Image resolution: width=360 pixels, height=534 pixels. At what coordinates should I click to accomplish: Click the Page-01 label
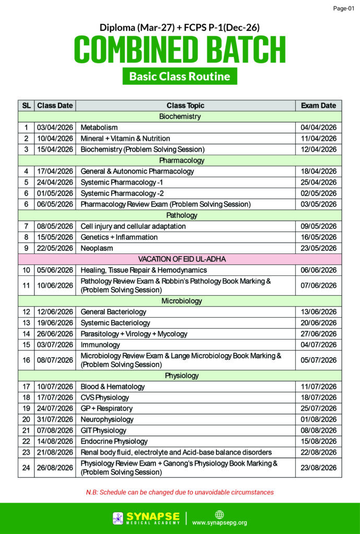[343, 9]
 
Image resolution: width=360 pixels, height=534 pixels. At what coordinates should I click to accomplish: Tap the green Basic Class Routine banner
[179, 76]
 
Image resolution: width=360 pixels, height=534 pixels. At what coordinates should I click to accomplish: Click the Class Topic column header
[185, 105]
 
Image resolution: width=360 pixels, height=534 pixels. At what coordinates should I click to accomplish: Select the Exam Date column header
[318, 105]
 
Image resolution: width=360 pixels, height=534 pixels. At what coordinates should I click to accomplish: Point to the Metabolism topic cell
[99, 127]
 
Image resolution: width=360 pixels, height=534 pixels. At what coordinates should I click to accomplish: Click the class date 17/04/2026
[55, 171]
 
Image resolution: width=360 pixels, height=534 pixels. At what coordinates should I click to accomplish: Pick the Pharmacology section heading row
[180, 160]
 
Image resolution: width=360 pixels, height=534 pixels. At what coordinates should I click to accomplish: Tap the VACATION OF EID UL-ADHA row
[180, 259]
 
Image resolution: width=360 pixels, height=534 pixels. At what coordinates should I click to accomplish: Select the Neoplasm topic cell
[97, 248]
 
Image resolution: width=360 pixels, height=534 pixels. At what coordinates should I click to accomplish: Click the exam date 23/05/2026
[318, 248]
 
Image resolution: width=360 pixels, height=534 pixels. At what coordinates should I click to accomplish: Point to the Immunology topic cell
[100, 345]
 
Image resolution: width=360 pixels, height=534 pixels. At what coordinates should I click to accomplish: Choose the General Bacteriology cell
[113, 312]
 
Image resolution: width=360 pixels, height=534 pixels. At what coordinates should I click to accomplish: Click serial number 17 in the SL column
[26, 386]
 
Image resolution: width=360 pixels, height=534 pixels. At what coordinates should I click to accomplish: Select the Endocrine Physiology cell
[114, 441]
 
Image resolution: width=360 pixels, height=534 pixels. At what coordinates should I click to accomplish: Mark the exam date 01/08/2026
[318, 419]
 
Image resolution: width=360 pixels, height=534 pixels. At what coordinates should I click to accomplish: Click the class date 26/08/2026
[55, 467]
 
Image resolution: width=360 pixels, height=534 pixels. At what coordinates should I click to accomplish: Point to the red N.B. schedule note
[179, 492]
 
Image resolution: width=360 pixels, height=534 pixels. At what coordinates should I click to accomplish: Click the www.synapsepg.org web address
[220, 523]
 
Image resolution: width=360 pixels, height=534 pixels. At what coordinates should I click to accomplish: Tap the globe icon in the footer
[219, 514]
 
